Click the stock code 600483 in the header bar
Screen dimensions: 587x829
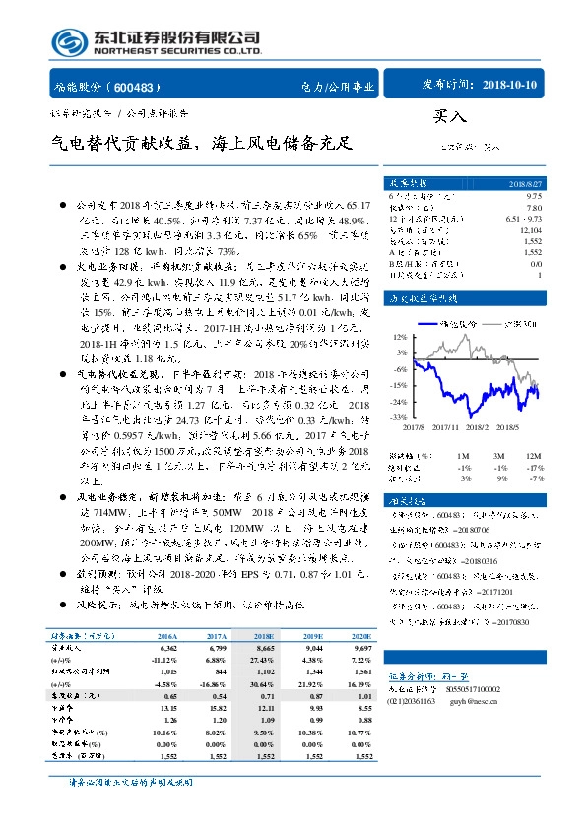(144, 87)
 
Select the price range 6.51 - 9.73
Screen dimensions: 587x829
(523, 219)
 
